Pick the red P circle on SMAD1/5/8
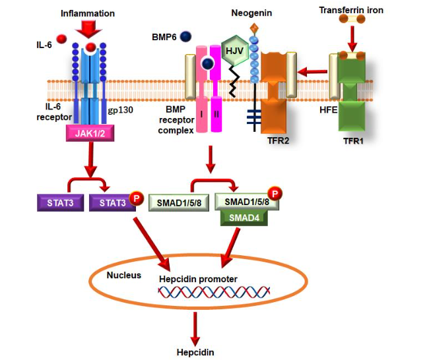tap(275, 194)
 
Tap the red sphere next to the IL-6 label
tap(61, 40)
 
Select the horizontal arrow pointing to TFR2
tap(313, 69)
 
